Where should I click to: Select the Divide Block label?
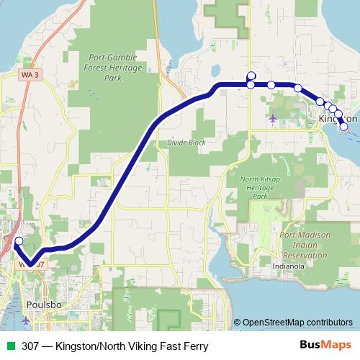186,143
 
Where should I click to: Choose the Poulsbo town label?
40,304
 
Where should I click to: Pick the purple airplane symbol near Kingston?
272,117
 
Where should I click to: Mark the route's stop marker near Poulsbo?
19,241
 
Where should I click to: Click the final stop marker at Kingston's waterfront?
343,127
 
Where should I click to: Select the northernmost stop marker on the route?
251,76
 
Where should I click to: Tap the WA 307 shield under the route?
32,264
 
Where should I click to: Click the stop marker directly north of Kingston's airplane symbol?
271,85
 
